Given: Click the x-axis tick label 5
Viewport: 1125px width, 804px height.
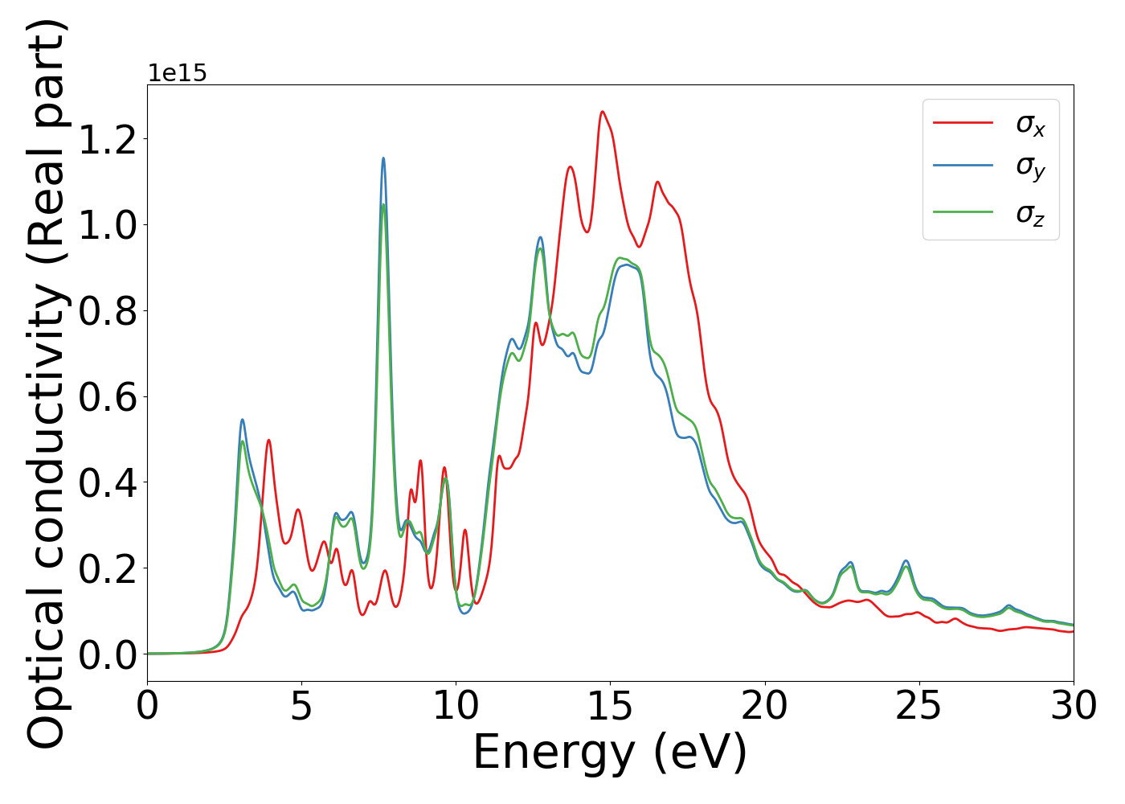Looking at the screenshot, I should coord(301,707).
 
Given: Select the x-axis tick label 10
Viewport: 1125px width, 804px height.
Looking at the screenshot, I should coord(456,707).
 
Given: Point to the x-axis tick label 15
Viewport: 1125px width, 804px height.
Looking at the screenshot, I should coord(610,707).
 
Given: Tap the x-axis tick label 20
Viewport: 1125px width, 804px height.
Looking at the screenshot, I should coord(764,707).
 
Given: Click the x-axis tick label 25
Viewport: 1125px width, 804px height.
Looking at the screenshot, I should coord(918,707).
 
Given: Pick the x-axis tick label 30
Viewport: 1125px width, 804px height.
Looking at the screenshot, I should coord(1074,707).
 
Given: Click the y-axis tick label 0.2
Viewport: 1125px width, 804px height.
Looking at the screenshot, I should coord(108,569).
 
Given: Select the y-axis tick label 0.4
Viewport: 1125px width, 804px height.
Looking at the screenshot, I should coord(108,483).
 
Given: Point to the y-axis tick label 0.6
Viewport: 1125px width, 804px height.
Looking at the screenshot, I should coord(108,397).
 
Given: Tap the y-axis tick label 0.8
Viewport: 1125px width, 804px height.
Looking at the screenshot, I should coord(108,311).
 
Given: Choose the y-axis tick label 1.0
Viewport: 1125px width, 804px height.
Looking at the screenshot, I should coord(108,225).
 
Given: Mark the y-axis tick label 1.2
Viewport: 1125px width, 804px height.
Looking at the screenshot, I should coord(108,139).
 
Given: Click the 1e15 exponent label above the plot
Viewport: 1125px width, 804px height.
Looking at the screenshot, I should coord(177,73).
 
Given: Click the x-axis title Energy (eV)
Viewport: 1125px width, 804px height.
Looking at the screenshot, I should coord(610,753).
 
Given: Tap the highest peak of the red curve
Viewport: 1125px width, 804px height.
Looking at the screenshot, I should coord(602,112).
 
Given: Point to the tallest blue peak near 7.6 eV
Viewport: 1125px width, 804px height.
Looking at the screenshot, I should coord(383,158).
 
